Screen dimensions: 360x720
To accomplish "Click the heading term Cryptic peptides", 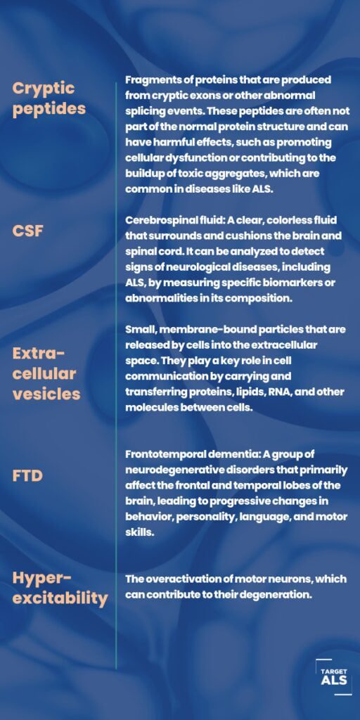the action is tap(49, 98).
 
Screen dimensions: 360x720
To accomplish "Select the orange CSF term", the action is tap(27, 231).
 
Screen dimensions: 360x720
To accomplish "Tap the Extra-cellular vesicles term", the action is tap(46, 374).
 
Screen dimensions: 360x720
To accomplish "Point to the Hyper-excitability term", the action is tap(60, 589).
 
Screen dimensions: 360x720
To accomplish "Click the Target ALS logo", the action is tap(334, 677).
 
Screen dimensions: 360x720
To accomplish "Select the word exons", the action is tap(214, 96).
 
